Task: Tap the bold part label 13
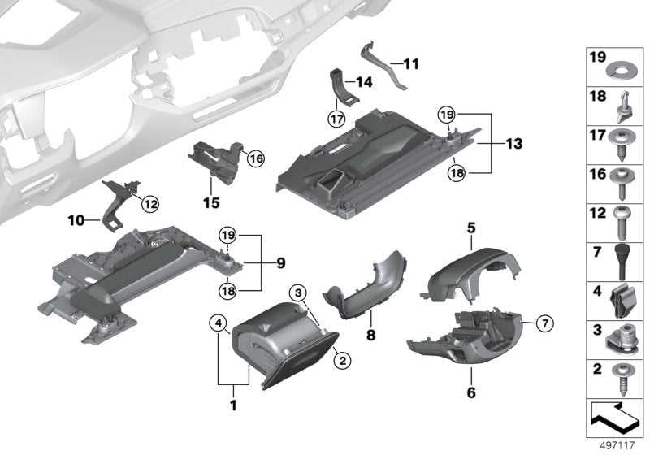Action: (513, 144)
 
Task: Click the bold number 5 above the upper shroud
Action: (470, 228)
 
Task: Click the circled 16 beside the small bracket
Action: (256, 158)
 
